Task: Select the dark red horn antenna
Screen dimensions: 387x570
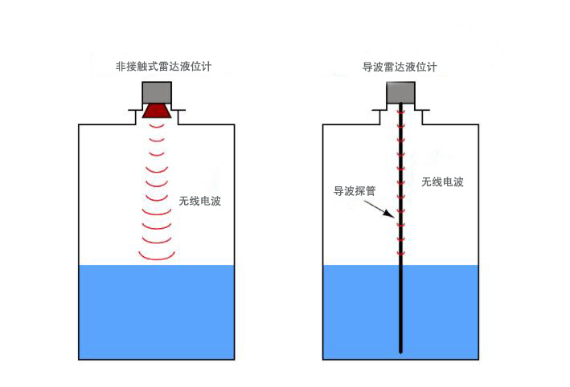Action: (157, 112)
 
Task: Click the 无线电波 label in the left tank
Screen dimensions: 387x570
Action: (199, 201)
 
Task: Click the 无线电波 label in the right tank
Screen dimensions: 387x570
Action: (442, 182)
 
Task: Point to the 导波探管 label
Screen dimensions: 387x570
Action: (353, 192)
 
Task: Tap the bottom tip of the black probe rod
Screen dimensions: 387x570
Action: (400, 351)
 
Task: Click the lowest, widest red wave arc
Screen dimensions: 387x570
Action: (157, 256)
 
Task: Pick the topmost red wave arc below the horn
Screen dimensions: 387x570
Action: (157, 129)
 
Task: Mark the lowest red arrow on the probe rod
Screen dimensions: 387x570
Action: (400, 254)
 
